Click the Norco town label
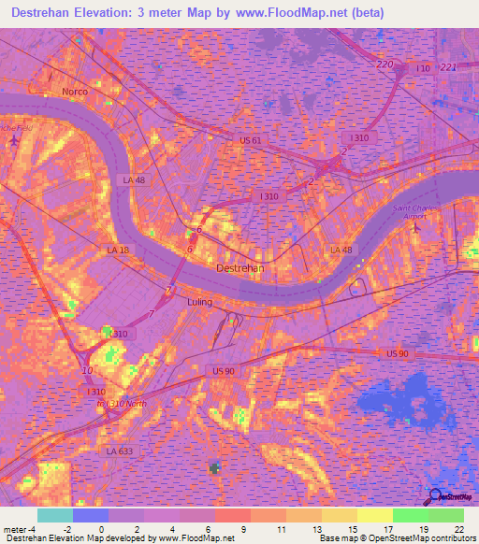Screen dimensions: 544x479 pyautogui.click(x=74, y=92)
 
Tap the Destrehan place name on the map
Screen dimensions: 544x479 pyautogui.click(x=240, y=267)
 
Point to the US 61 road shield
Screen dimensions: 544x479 pyautogui.click(x=250, y=140)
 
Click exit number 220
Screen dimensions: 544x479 pyautogui.click(x=385, y=64)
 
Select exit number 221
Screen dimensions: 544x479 pyautogui.click(x=448, y=67)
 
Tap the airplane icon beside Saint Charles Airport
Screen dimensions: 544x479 pyautogui.click(x=418, y=227)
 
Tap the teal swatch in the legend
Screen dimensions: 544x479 pyautogui.click(x=54, y=515)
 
